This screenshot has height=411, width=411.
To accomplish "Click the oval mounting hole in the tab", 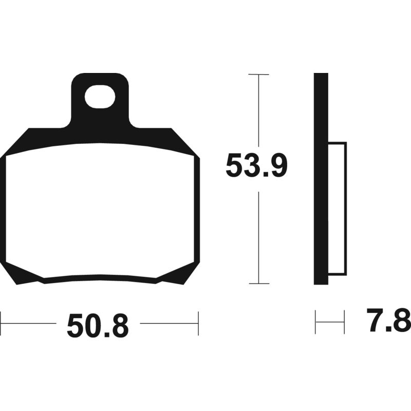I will [x=100, y=97].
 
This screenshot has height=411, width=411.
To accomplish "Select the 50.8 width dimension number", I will [x=98, y=327].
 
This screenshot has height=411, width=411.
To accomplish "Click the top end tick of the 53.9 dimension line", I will [x=258, y=74].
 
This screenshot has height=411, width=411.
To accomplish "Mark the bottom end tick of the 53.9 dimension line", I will [x=258, y=284].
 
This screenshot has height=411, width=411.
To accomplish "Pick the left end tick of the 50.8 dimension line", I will [x=1, y=323].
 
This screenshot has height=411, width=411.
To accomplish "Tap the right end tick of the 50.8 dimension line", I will [x=198, y=323].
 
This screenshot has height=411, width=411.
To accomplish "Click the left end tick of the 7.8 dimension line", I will [x=315, y=322].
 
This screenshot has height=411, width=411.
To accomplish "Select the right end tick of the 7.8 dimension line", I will [x=344, y=322].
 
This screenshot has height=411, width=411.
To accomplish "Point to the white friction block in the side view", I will [x=337, y=208].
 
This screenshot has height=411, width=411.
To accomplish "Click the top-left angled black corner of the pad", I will [x=21, y=141].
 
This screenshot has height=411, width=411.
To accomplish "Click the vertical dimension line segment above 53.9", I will [x=258, y=113].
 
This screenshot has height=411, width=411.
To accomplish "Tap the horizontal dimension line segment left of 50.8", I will [x=28, y=323].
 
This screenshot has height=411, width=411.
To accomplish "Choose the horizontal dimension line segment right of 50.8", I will [x=170, y=323].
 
